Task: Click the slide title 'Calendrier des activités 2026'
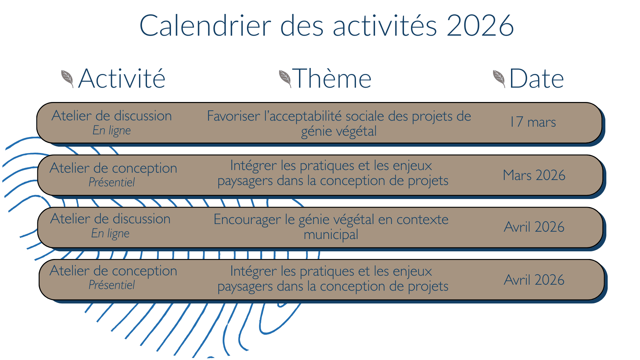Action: [326, 25]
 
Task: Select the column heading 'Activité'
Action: [122, 78]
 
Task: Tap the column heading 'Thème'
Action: [332, 78]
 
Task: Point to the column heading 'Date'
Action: [537, 78]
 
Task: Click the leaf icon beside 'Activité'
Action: [67, 79]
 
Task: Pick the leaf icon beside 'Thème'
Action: [285, 79]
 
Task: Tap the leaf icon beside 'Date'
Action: [499, 79]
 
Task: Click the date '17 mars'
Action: [533, 122]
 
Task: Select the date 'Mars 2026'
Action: [534, 175]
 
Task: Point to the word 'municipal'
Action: [331, 235]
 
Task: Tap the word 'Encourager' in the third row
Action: [247, 220]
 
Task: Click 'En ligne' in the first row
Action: [112, 130]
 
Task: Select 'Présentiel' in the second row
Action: [112, 182]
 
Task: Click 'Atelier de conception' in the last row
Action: [113, 271]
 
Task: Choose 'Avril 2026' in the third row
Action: [534, 227]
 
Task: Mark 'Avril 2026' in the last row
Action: [534, 280]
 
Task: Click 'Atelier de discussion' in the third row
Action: [110, 219]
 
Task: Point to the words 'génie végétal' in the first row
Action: [339, 131]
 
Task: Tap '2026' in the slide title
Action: [480, 25]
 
